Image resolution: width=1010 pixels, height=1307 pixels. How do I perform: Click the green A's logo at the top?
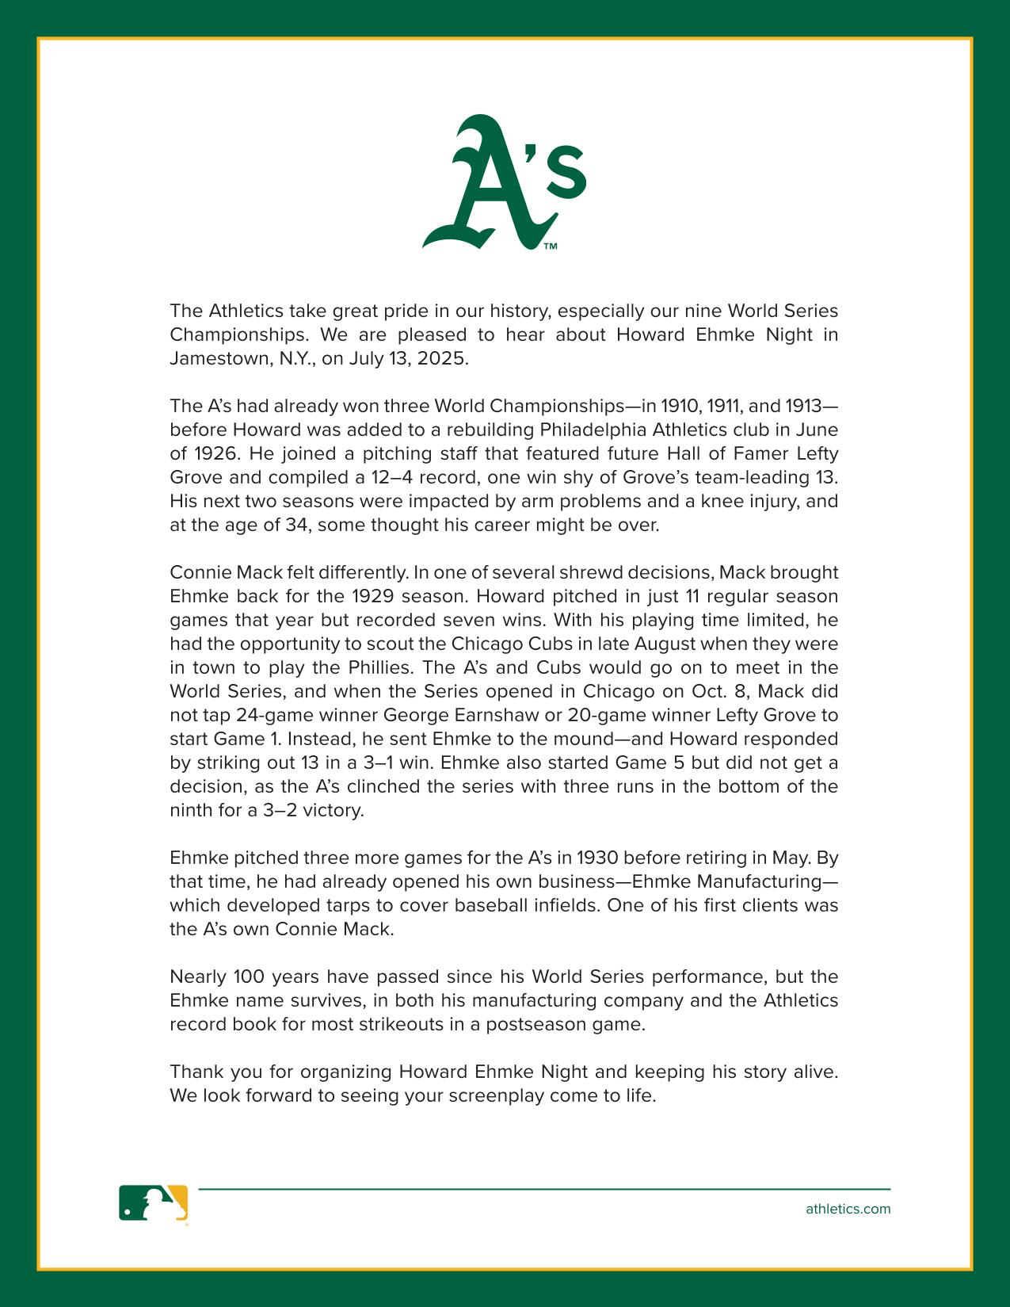click(x=504, y=183)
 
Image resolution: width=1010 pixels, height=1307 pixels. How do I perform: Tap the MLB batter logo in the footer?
click(x=154, y=1203)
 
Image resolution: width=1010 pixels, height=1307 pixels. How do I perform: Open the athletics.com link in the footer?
click(x=848, y=1209)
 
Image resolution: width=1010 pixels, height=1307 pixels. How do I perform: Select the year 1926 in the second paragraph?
click(x=215, y=453)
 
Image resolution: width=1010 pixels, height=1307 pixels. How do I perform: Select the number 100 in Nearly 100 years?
click(x=249, y=976)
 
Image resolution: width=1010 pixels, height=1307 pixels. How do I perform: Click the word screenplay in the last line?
click(x=496, y=1095)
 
